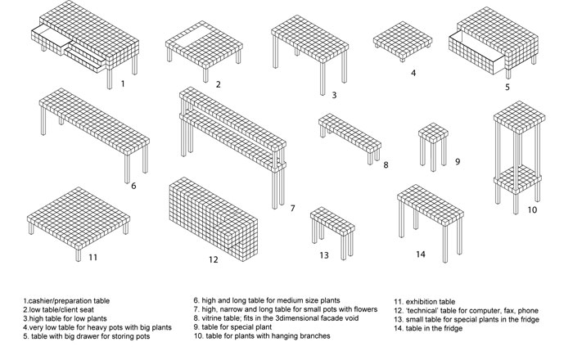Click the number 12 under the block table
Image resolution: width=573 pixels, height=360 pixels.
pyautogui.click(x=213, y=260)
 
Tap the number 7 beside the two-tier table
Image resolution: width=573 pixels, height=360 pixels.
pyautogui.click(x=291, y=208)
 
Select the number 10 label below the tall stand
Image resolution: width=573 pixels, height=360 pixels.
pyautogui.click(x=531, y=210)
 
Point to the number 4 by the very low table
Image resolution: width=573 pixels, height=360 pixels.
pyautogui.click(x=413, y=73)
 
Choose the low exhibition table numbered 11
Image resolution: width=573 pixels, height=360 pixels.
pyautogui.click(x=79, y=213)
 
